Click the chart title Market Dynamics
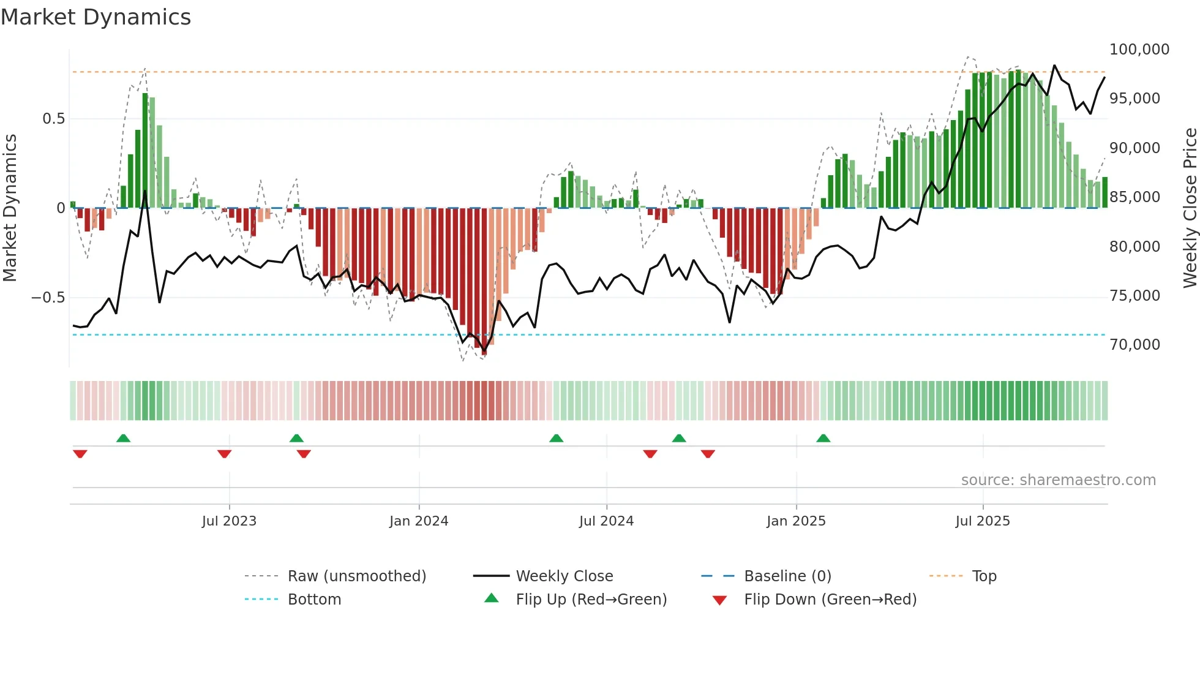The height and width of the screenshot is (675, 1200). pyautogui.click(x=96, y=17)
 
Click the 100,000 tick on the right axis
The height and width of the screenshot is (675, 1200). pyautogui.click(x=1139, y=50)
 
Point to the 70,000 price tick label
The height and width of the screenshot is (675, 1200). pyautogui.click(x=1134, y=345)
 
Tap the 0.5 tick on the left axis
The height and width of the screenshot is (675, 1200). pyautogui.click(x=53, y=119)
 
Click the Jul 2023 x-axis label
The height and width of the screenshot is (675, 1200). pyautogui.click(x=229, y=521)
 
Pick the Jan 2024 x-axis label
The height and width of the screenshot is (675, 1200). pyautogui.click(x=419, y=521)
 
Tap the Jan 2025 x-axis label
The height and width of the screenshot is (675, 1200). pyautogui.click(x=796, y=521)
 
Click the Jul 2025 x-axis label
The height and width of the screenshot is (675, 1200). pyautogui.click(x=983, y=521)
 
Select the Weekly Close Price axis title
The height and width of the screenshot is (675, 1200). pyautogui.click(x=1190, y=208)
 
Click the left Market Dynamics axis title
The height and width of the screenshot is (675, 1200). pyautogui.click(x=10, y=208)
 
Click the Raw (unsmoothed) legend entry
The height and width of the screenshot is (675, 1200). pyautogui.click(x=356, y=576)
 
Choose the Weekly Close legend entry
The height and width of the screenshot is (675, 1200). pyautogui.click(x=564, y=576)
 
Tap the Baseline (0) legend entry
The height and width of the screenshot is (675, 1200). pyautogui.click(x=787, y=576)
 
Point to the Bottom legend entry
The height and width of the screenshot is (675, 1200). pyautogui.click(x=314, y=600)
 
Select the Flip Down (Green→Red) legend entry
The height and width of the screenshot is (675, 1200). pyautogui.click(x=830, y=600)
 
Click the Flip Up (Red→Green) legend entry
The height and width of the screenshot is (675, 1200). pyautogui.click(x=591, y=600)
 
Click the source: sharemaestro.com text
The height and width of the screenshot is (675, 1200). pyautogui.click(x=1058, y=480)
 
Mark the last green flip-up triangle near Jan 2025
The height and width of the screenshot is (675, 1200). pyautogui.click(x=823, y=439)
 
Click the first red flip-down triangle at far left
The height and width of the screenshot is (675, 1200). pyautogui.click(x=80, y=454)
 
